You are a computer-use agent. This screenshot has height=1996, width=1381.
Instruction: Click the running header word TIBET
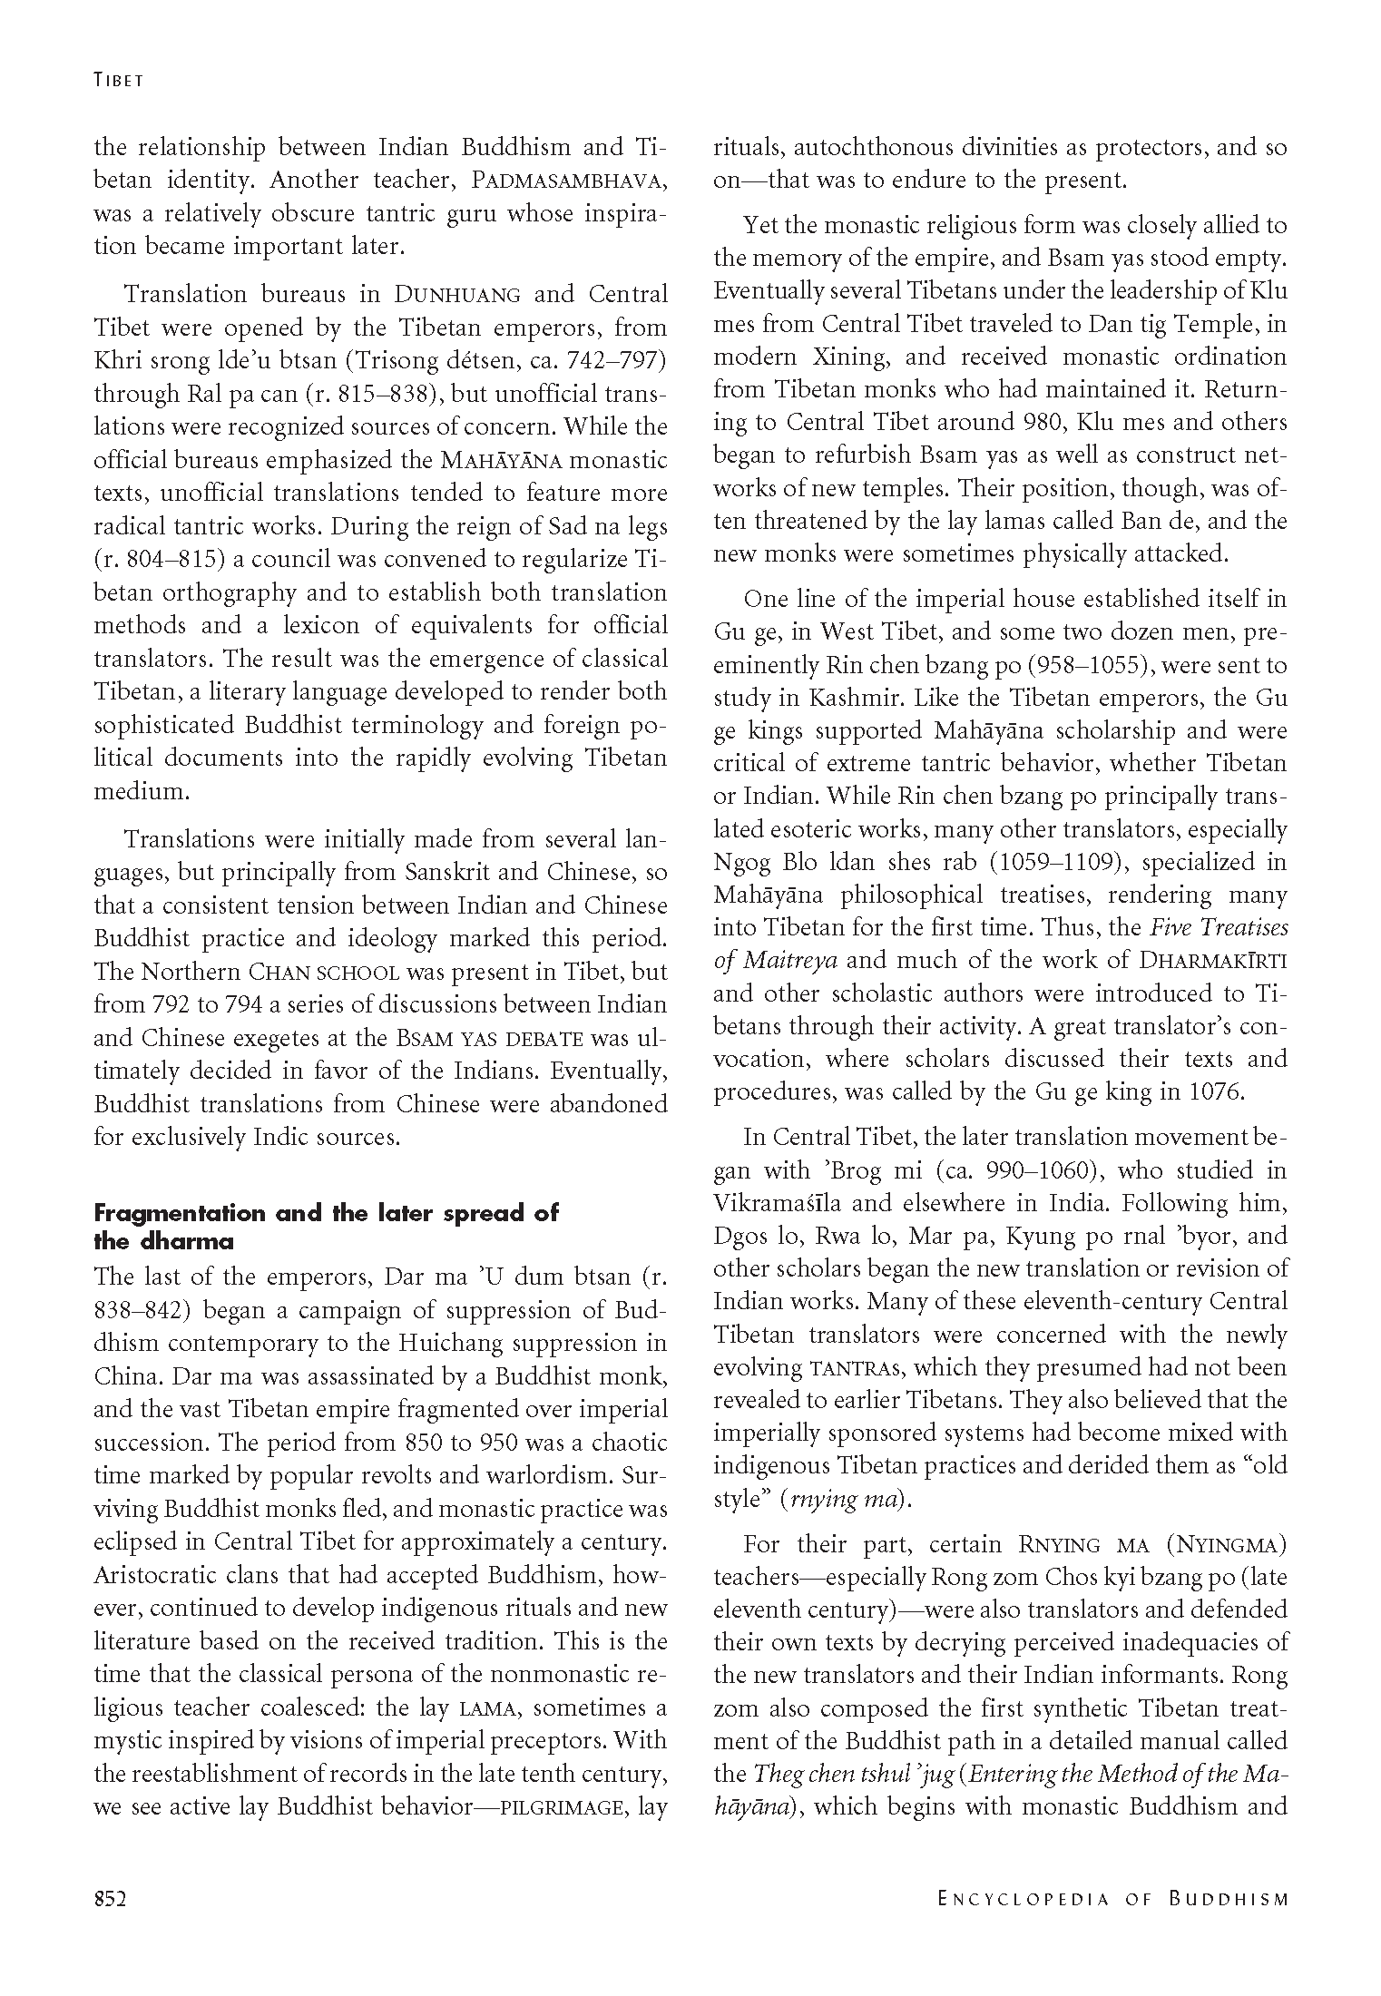(119, 80)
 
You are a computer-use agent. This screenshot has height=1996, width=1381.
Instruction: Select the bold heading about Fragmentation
(327, 1227)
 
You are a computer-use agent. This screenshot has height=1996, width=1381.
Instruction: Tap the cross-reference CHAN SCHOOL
(324, 973)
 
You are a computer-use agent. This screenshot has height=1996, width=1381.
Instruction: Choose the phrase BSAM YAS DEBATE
(487, 1038)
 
